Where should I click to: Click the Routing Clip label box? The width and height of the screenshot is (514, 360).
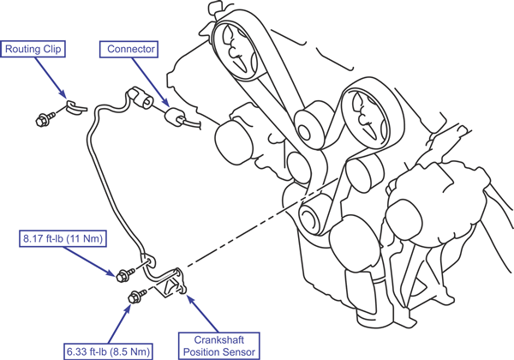[x=33, y=50]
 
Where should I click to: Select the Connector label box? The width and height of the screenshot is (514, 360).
[x=130, y=50]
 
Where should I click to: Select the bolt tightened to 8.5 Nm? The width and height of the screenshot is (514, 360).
[x=134, y=297]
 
